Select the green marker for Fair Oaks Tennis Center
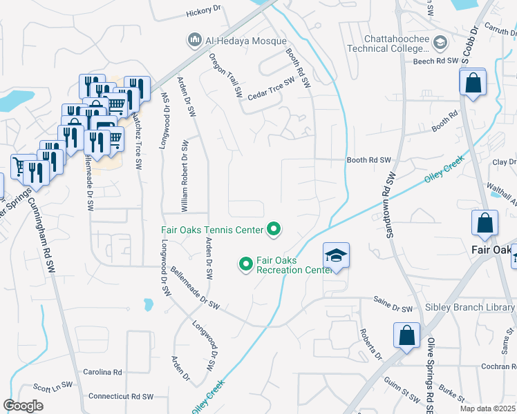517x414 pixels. (274, 230)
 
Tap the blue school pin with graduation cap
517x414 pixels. (336, 255)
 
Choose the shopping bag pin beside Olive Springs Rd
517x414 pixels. (407, 335)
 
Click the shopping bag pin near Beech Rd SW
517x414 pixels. (473, 84)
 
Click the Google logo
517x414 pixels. (23, 405)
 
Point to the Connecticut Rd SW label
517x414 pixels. (120, 397)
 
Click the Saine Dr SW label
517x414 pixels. (393, 308)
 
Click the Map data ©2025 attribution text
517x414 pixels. (487, 408)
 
